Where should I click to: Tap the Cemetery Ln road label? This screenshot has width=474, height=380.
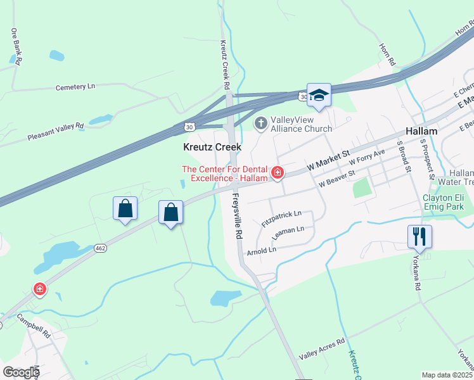pyautogui.click(x=75, y=86)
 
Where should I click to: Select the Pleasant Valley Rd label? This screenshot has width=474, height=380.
pyautogui.click(x=56, y=131)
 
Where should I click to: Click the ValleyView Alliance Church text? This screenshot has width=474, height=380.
pyautogui.click(x=301, y=124)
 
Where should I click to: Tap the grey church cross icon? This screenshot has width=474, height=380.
pyautogui.click(x=260, y=122)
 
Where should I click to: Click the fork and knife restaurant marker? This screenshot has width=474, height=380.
pyautogui.click(x=420, y=237)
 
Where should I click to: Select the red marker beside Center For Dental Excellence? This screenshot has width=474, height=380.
pyautogui.click(x=277, y=172)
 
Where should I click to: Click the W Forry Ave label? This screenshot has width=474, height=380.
pyautogui.click(x=371, y=157)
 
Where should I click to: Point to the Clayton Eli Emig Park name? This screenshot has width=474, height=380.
pyautogui.click(x=444, y=201)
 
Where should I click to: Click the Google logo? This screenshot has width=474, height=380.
pyautogui.click(x=20, y=372)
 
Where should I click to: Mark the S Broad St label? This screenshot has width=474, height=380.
pyautogui.click(x=404, y=157)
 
